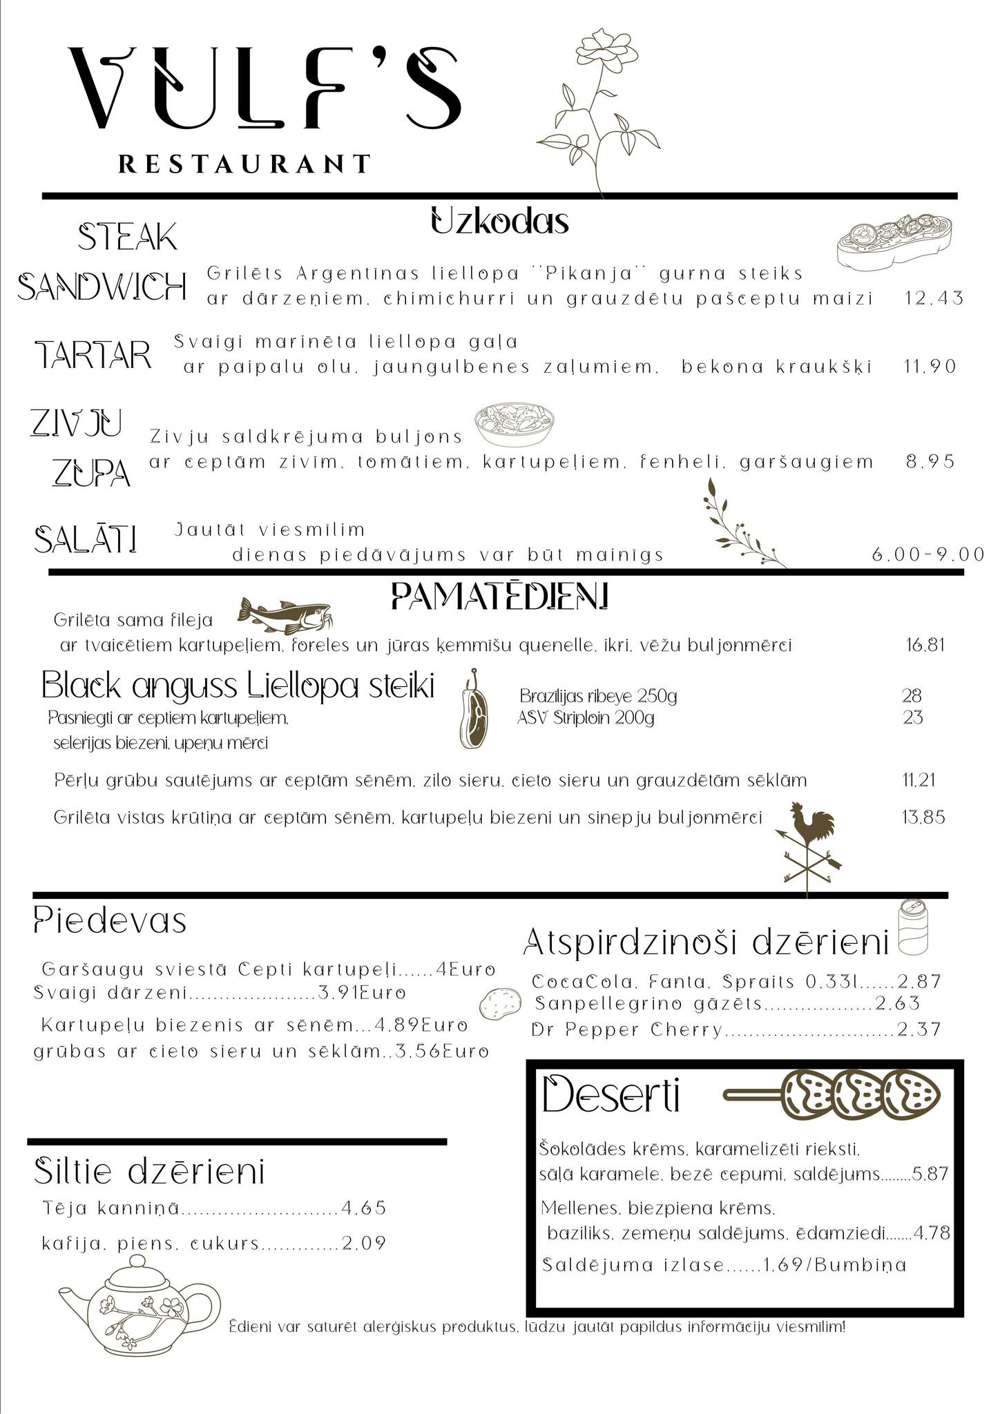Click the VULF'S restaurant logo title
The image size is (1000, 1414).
(x=266, y=90)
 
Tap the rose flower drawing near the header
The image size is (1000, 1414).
(x=597, y=104)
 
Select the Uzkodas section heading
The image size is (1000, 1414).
(x=499, y=222)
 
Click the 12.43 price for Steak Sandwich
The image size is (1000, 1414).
(x=934, y=298)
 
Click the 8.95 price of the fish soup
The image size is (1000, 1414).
(x=930, y=461)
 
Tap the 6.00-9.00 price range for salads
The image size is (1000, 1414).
(x=927, y=554)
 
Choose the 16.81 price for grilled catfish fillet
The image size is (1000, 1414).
(x=925, y=646)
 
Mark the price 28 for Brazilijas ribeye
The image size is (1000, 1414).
(x=912, y=695)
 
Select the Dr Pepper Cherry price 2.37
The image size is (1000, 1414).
(x=919, y=1029)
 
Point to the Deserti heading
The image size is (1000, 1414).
(x=611, y=1096)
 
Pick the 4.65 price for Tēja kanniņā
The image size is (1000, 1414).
(x=363, y=1208)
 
